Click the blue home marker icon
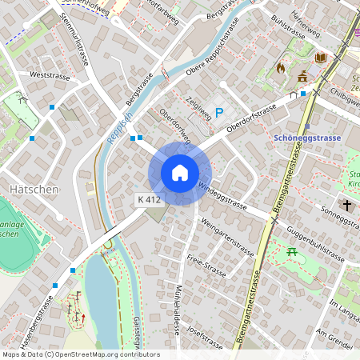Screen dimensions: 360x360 [x=180, y=173]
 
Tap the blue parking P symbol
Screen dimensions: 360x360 [x=218, y=114]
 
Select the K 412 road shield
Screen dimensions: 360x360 [x=150, y=198]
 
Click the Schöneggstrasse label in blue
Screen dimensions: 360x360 [x=307, y=138]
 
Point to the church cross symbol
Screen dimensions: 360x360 [x=347, y=206]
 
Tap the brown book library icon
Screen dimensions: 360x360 [x=321, y=58]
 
